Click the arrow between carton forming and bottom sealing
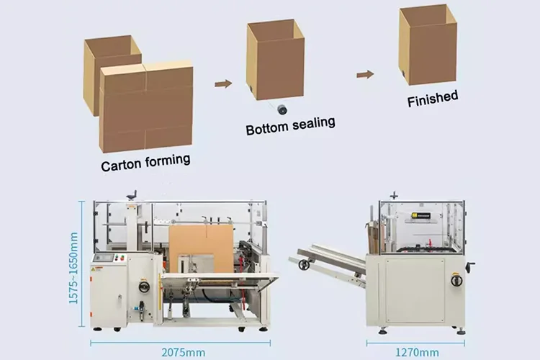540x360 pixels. [223, 84]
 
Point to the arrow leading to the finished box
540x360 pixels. [365, 73]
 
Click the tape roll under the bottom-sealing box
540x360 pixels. [282, 109]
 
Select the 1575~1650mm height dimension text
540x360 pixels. [74, 267]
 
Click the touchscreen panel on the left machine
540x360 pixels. [103, 257]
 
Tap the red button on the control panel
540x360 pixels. [122, 258]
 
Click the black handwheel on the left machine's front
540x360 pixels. [145, 287]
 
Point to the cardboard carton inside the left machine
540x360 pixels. [201, 248]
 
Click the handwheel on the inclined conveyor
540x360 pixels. [305, 264]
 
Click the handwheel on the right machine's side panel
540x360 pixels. [456, 279]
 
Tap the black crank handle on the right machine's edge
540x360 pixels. [470, 267]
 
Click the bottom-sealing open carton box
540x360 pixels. [275, 59]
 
